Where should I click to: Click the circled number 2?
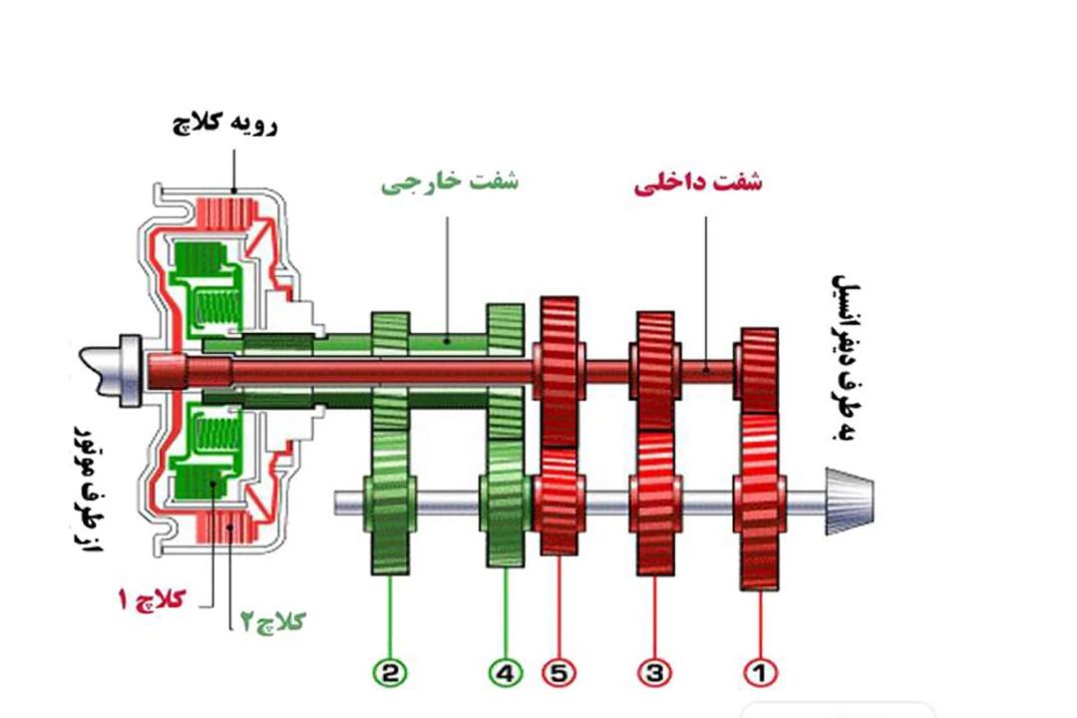(x=390, y=673)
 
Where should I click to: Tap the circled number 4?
(x=506, y=673)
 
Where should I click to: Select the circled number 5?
(x=559, y=673)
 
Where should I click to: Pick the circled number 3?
(x=654, y=673)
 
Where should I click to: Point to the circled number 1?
(x=760, y=673)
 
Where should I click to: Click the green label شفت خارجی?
(x=450, y=182)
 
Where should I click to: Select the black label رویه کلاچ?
(x=224, y=124)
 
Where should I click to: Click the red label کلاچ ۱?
(x=152, y=599)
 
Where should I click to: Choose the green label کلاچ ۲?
(x=272, y=621)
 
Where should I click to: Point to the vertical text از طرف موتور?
(x=87, y=490)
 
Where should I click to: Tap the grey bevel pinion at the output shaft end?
(x=851, y=502)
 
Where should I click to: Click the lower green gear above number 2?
(x=390, y=503)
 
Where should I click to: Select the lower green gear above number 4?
(x=506, y=503)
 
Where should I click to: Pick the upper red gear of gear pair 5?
(x=559, y=371)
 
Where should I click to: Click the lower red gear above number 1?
(x=760, y=502)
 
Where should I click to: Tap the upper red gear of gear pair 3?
(x=655, y=371)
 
